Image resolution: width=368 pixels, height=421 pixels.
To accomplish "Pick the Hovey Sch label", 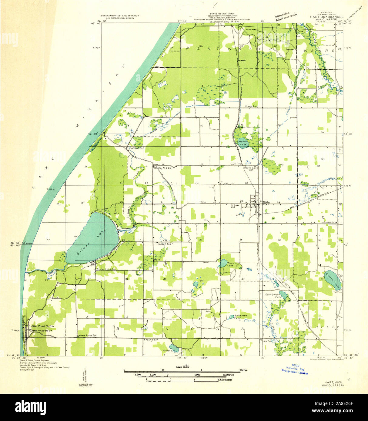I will tap(251, 107).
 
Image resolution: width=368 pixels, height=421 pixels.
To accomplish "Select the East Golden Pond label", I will tap(274, 296).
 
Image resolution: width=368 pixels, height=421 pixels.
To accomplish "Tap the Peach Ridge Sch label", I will tap(88, 336).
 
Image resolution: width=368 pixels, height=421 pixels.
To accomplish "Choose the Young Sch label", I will tap(152, 340).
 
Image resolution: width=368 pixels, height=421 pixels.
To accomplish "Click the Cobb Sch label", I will tap(266, 341).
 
